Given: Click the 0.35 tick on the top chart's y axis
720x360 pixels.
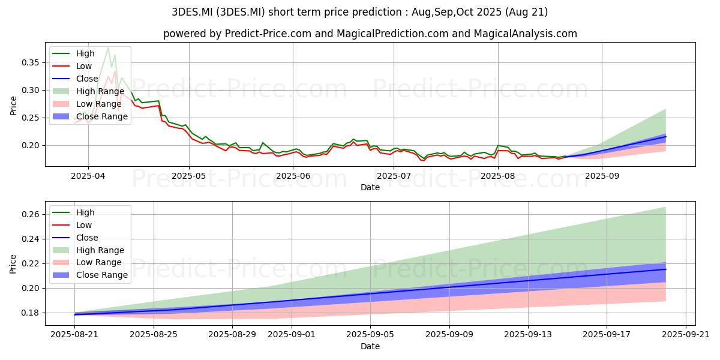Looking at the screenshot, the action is [x=30, y=62].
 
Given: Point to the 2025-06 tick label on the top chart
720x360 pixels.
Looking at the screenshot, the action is [x=293, y=176].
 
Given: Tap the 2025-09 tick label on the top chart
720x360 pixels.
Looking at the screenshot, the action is [x=602, y=176].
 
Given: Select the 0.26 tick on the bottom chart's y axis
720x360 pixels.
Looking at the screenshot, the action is [x=30, y=214].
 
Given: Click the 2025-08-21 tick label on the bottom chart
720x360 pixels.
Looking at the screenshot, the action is [x=74, y=335].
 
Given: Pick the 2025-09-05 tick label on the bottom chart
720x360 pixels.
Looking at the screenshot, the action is [x=370, y=335].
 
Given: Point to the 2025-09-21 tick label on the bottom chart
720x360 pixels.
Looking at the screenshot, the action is [x=686, y=335].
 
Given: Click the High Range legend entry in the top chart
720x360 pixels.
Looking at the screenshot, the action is [x=88, y=91].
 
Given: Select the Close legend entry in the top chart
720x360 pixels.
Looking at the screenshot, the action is [x=75, y=79].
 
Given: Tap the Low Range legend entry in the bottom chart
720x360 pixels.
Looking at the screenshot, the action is [x=87, y=262].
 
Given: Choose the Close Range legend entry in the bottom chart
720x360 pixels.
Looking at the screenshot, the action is [x=90, y=275].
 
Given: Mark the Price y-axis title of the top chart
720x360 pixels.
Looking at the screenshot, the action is [x=13, y=106].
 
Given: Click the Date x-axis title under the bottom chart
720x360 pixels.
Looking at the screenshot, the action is [x=370, y=346].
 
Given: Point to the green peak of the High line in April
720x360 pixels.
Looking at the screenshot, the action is [x=108, y=48].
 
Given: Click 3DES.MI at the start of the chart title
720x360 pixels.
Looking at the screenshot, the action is [x=192, y=12].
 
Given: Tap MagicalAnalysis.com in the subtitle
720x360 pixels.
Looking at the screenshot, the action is [x=525, y=34].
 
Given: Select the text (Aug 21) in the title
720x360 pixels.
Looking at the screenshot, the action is [x=526, y=12].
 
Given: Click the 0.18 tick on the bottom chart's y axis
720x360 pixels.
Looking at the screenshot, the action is [x=30, y=313].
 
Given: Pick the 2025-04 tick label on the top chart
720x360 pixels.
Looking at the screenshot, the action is [x=88, y=176].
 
